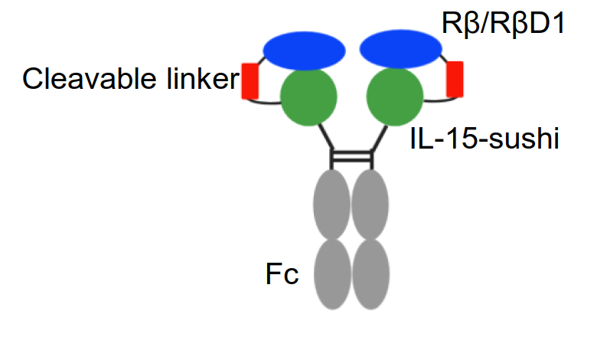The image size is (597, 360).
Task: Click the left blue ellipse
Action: [304, 50]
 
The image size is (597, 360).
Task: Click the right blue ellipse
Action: [400, 50]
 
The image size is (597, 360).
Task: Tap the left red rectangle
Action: [250, 82]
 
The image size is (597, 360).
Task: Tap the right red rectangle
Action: [455, 79]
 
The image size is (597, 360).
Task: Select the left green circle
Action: [308, 97]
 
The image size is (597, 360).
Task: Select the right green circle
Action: [396, 97]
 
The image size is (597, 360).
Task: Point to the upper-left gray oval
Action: [332, 205]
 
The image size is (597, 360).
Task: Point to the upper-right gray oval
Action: [370, 205]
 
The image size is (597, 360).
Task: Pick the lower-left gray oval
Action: [332, 273]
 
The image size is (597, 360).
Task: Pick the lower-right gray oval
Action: [370, 273]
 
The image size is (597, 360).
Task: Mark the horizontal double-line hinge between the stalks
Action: [351, 159]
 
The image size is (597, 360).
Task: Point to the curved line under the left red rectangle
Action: [264, 102]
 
